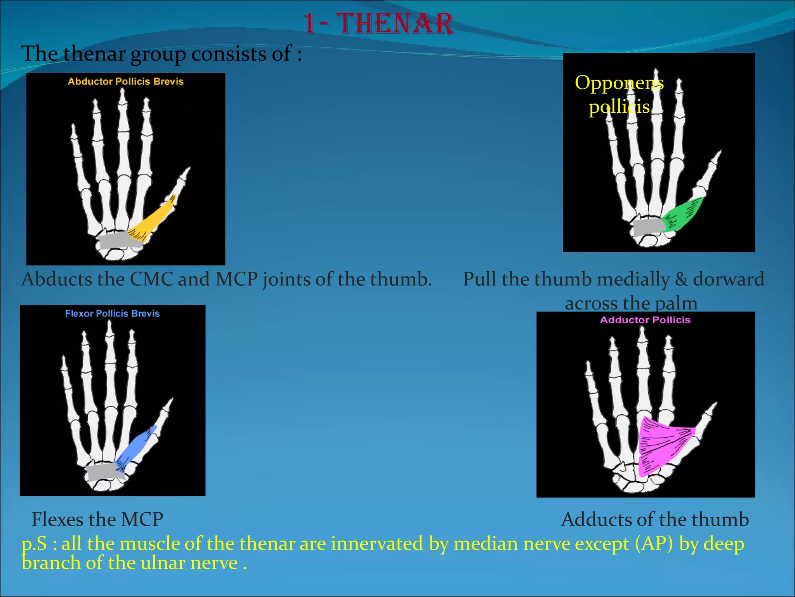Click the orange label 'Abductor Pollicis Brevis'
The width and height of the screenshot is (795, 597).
125,81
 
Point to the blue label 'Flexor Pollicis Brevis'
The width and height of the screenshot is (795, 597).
112,313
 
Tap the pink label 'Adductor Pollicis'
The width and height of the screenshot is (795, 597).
645,320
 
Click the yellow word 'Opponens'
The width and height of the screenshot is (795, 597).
619,82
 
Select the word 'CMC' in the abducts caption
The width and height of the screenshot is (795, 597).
151,279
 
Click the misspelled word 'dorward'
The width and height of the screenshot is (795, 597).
729,279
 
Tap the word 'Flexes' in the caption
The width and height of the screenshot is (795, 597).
57,519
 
